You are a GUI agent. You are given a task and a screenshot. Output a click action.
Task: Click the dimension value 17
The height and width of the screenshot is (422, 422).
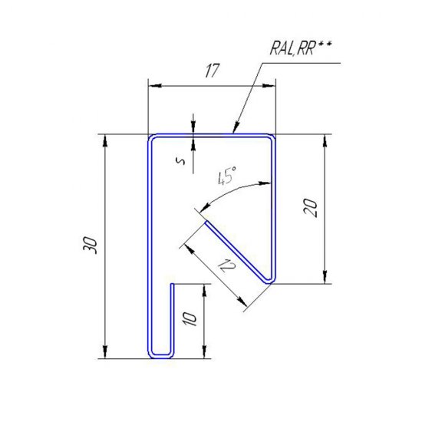coord(213,71)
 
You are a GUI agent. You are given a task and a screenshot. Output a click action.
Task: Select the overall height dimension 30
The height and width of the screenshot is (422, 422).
coord(91,246)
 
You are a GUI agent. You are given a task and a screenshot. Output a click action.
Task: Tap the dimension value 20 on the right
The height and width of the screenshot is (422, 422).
coord(311,209)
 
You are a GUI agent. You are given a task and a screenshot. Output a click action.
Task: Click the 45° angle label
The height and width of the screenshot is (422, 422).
coord(226,178)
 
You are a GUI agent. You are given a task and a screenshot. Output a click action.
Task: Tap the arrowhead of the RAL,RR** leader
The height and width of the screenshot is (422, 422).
coord(235,130)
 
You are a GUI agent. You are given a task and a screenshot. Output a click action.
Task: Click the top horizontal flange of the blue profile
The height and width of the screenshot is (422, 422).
coord(211,136)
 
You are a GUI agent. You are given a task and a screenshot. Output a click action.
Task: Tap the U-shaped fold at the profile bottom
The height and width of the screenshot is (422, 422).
coord(160,355)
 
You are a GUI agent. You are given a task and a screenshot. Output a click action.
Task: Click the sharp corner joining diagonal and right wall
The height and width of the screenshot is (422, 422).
coord(269,281)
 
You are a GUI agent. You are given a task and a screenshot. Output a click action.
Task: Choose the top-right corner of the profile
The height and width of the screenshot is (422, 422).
coord(272,138)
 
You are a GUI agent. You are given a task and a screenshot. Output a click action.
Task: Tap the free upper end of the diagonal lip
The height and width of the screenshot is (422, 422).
coord(206,223)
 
